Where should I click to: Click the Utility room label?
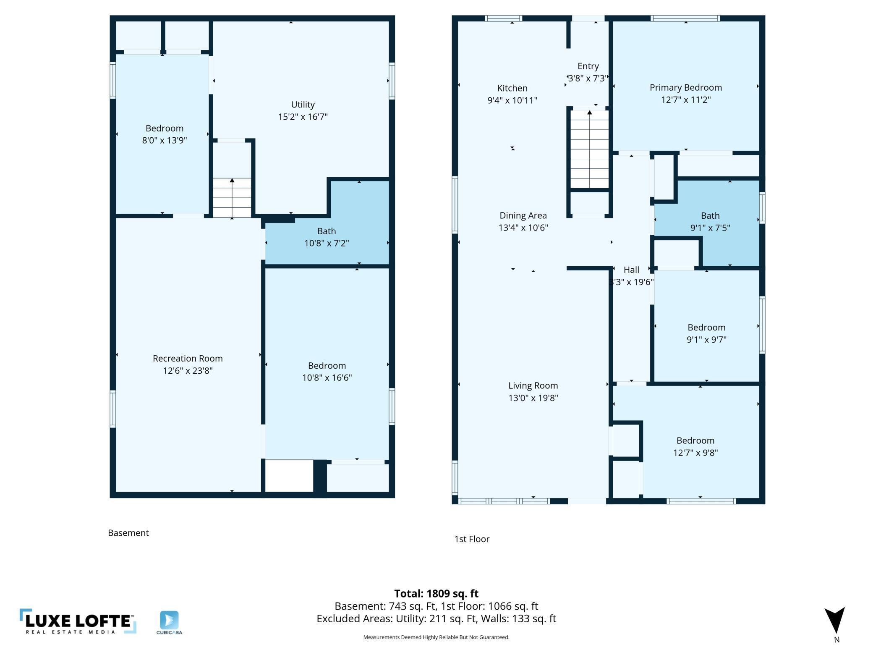click(x=303, y=105)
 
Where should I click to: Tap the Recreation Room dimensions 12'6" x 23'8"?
click(x=188, y=370)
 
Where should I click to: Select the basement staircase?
click(x=232, y=197)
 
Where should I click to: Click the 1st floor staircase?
click(x=590, y=149)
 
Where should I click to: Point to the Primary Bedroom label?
click(x=686, y=88)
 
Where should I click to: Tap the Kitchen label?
click(x=512, y=88)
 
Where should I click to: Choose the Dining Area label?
click(x=523, y=215)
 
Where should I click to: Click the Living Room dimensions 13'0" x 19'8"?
click(x=533, y=398)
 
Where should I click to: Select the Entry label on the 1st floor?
click(x=588, y=66)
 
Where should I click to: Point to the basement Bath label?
click(x=327, y=231)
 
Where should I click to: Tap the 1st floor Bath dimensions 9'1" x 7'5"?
click(x=710, y=228)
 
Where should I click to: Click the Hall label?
click(x=631, y=270)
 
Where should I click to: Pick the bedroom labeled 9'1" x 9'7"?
click(x=706, y=327)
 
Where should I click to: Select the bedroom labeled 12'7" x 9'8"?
click(x=695, y=440)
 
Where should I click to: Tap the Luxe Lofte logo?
click(x=78, y=621)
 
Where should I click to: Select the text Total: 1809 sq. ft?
click(x=436, y=593)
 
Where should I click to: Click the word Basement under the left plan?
click(x=128, y=533)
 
